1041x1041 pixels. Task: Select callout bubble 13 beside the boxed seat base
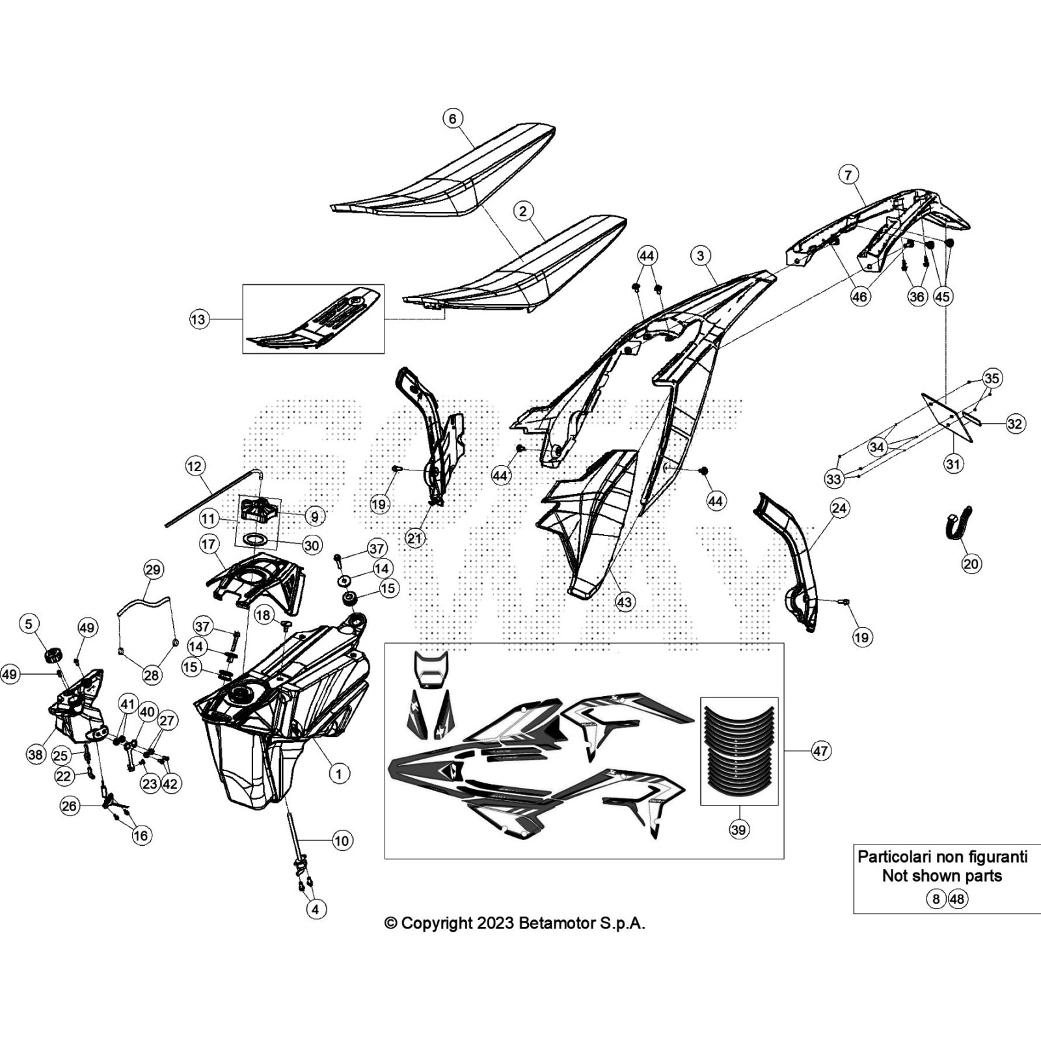coord(198,319)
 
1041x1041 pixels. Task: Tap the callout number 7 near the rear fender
coord(848,175)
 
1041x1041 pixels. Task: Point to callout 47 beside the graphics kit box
coord(820,751)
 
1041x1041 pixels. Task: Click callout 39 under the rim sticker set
coord(738,830)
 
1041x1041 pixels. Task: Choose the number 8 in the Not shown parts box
coord(936,899)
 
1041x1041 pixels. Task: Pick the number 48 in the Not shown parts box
coord(958,899)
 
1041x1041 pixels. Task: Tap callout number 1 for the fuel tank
coord(338,774)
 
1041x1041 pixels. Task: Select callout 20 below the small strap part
coord(971,563)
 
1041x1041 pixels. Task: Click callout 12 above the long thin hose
coord(195,466)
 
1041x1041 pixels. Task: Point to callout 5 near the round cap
coord(29,624)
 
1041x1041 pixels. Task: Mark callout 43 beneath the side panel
coord(625,602)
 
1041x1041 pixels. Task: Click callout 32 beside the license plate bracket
coord(1015,424)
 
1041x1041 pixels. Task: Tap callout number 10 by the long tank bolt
coord(342,841)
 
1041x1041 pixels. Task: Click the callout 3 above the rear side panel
coord(700,255)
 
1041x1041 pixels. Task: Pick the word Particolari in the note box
coord(897,856)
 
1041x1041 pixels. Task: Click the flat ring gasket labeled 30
coord(256,539)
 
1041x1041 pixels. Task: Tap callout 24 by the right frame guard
coord(839,508)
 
